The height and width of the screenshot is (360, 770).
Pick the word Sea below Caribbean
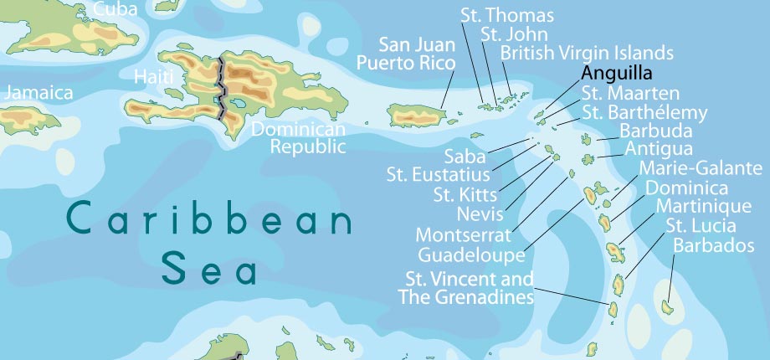coord(209,270)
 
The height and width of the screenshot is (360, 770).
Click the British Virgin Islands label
coord(587,54)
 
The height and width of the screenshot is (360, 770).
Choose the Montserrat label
coord(463,234)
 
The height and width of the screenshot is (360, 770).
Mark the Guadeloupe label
coord(471,254)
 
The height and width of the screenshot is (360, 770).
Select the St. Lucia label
coord(701,225)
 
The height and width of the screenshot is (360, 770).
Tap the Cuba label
coord(117,9)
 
